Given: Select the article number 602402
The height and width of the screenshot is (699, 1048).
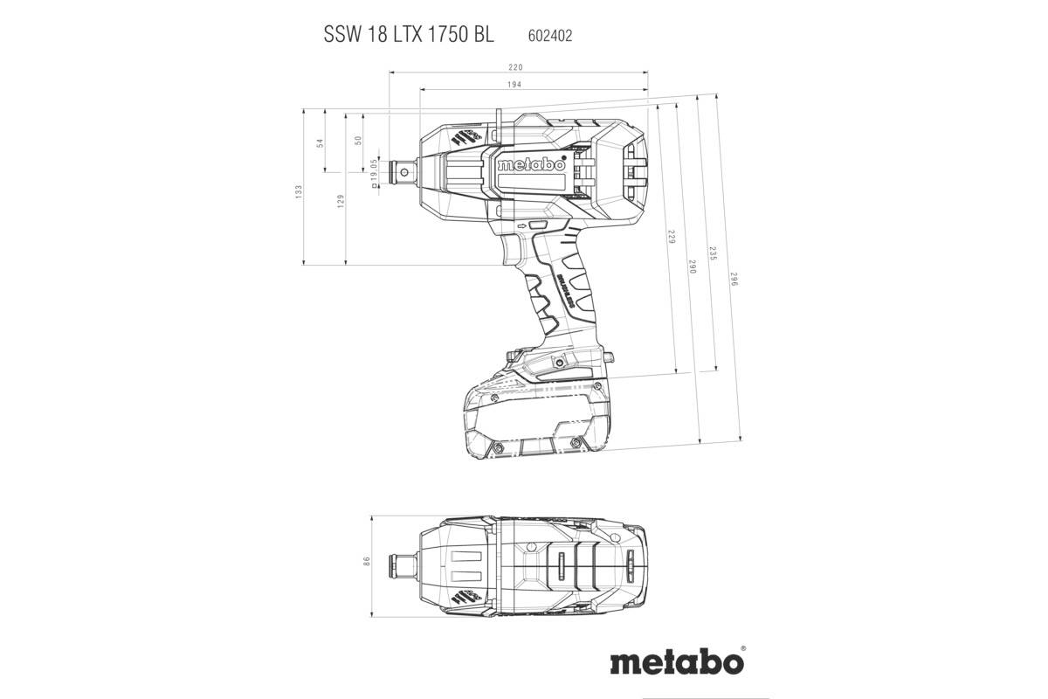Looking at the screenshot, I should (x=550, y=36).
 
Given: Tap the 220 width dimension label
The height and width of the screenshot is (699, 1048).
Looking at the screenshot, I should (x=516, y=68).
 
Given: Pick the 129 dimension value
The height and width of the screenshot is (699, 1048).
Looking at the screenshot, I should (x=341, y=200).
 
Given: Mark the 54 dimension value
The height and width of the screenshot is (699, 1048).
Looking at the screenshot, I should (x=320, y=142).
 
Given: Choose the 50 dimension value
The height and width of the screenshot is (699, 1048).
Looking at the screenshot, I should (x=357, y=141).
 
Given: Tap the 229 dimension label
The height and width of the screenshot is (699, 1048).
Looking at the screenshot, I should (x=671, y=237).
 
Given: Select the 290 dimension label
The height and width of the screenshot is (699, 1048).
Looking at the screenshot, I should (x=692, y=267).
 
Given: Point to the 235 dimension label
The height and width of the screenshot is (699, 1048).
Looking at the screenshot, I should (x=713, y=253).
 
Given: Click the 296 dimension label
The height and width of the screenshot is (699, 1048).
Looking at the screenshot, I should (x=734, y=280).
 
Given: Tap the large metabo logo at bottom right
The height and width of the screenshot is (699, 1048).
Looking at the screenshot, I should (x=677, y=659).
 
